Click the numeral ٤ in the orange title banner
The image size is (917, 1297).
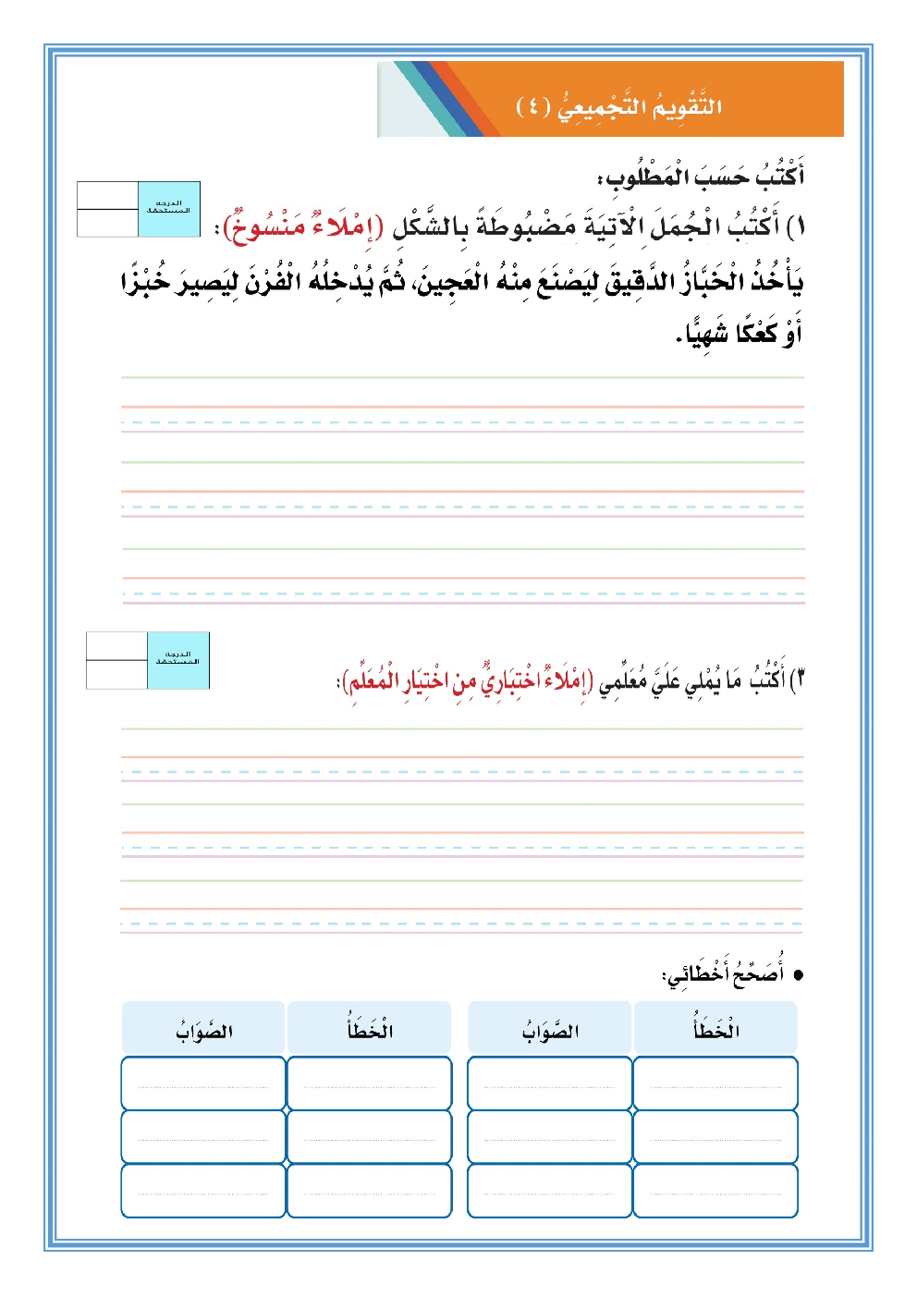click(x=533, y=106)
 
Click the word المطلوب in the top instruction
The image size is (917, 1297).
click(x=648, y=176)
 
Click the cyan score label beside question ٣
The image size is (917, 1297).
click(x=178, y=660)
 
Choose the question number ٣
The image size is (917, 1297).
click(x=798, y=680)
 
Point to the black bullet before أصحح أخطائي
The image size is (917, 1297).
click(x=799, y=974)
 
